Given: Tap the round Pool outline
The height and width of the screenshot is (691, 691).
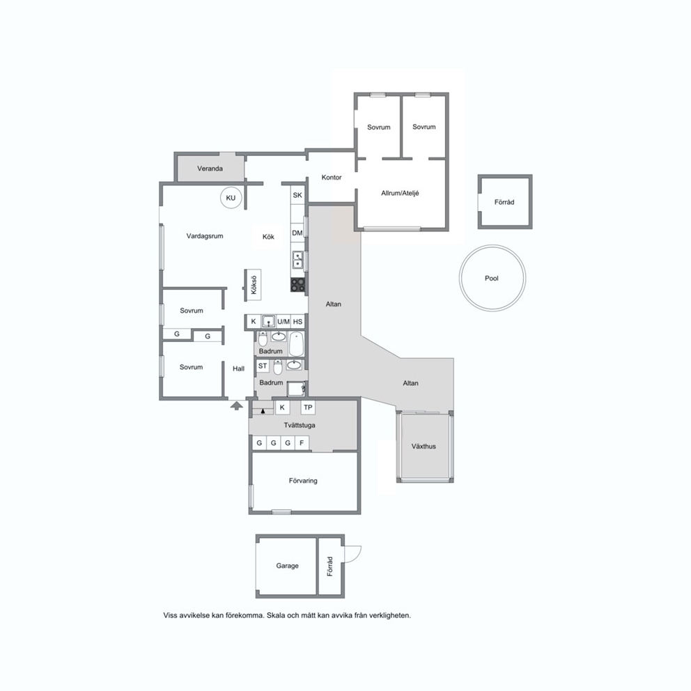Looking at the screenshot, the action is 460,278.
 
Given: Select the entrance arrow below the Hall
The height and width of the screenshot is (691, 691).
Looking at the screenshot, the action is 237,405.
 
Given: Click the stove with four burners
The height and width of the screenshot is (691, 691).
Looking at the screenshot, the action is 298,285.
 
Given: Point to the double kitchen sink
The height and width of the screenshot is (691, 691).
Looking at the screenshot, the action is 298,260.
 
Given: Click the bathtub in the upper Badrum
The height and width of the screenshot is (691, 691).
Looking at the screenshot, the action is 297,344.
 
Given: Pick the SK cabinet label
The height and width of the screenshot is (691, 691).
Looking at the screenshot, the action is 297,195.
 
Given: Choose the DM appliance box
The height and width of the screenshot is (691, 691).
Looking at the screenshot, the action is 297,233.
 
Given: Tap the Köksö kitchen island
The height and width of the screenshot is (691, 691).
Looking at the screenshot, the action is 254,285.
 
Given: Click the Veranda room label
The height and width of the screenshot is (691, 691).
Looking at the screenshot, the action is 210,169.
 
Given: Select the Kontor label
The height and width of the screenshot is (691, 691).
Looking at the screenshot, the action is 332,177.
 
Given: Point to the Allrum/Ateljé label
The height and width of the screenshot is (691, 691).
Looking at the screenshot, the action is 400,193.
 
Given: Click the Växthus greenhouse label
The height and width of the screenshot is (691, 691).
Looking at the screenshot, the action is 424,447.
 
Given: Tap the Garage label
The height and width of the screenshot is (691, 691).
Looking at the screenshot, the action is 287,566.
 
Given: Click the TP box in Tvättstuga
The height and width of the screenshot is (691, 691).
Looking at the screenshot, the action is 308,407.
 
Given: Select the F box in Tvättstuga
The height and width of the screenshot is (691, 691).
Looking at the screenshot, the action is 302,443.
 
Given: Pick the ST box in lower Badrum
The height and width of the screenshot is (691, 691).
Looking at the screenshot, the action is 263,366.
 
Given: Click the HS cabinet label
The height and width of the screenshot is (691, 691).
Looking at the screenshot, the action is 297,322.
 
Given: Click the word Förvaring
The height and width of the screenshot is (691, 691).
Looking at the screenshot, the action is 303,481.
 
